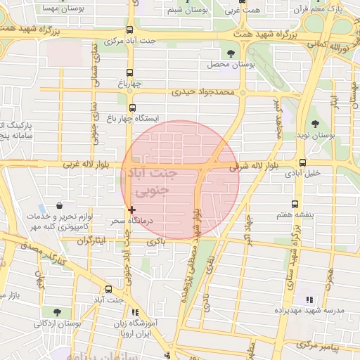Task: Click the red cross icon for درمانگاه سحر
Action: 131,209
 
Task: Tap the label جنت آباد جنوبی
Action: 150,181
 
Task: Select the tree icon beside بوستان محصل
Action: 231,53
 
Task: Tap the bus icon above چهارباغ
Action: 129,72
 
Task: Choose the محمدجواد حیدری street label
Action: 201,91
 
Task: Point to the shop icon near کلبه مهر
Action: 59,207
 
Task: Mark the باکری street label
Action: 155,241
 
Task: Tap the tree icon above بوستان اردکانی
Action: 56,312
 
